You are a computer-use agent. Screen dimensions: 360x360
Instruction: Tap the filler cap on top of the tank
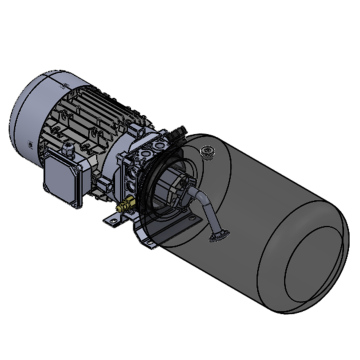(207, 153)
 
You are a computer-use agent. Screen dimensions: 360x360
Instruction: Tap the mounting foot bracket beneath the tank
(150, 237)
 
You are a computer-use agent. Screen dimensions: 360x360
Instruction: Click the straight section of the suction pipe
(211, 220)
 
